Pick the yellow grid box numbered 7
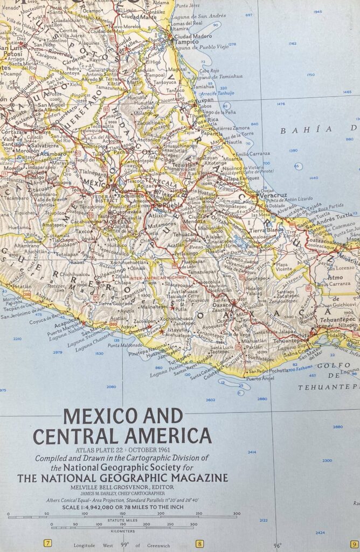click(x=47, y=543)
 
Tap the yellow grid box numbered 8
click(x=199, y=543)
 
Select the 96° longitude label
click(x=276, y=545)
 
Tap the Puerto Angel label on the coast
click(x=257, y=378)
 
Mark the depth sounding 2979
click(x=58, y=352)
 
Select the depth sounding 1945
click(x=317, y=12)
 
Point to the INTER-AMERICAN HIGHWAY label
click(x=158, y=278)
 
